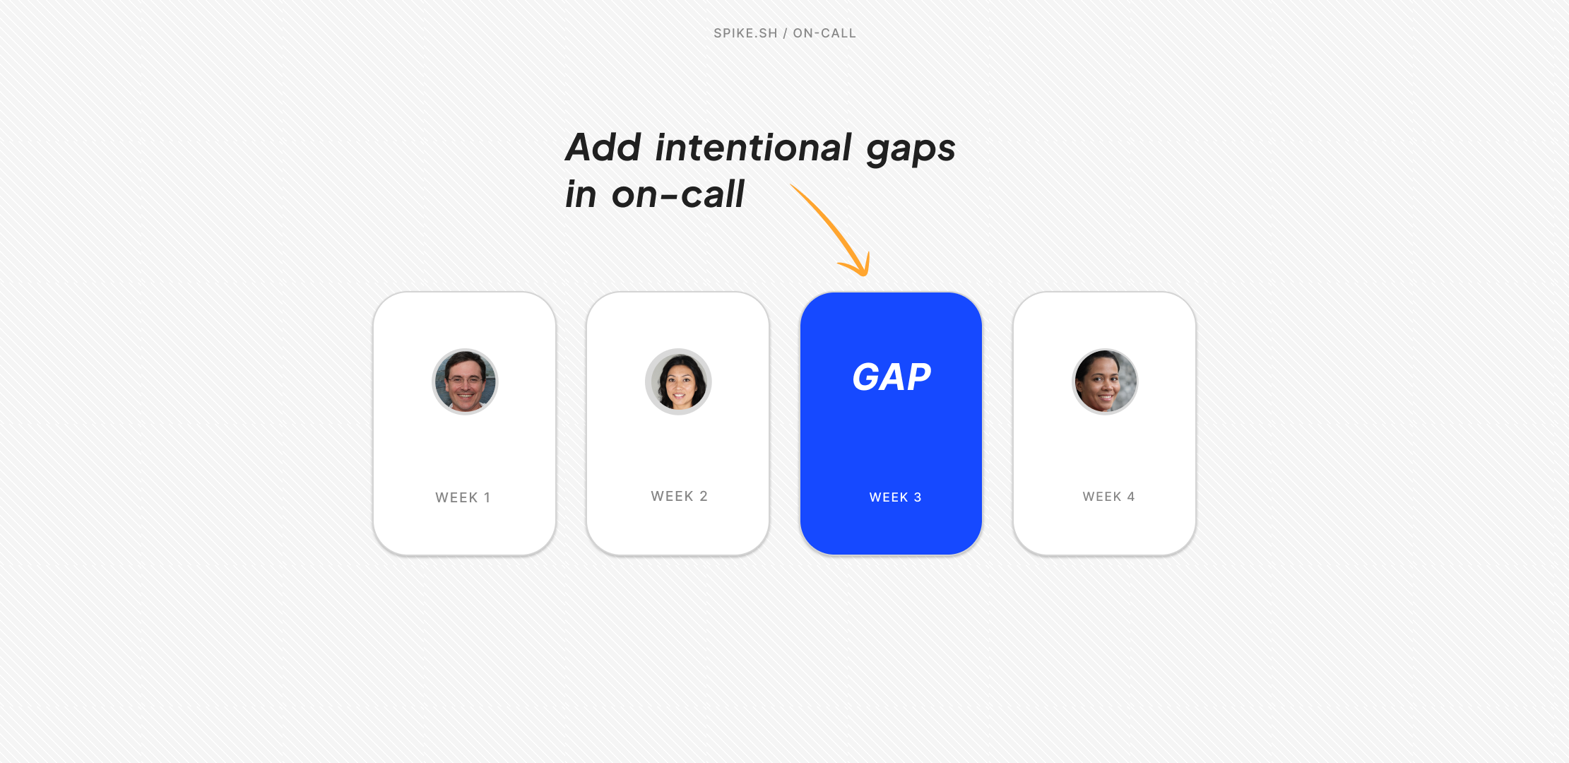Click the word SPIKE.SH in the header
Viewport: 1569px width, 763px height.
(745, 33)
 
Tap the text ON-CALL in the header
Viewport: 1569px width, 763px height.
(824, 33)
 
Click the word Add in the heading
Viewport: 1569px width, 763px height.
(603, 148)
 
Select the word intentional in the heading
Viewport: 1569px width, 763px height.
(753, 148)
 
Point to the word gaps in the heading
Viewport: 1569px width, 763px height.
(911, 150)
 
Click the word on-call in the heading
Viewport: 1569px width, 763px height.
(678, 194)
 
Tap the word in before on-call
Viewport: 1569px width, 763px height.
(581, 194)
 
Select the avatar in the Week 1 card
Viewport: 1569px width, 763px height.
(465, 381)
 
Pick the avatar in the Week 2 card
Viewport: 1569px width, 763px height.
(678, 381)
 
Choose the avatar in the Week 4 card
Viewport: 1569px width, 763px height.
(1105, 381)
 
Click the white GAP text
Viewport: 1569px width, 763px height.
(892, 377)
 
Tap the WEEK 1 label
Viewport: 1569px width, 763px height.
(463, 497)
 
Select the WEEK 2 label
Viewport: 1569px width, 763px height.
(679, 496)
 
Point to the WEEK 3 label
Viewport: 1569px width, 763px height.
(895, 497)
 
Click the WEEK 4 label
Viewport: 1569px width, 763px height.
(1108, 497)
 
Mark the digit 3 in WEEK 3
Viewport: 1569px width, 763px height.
(918, 497)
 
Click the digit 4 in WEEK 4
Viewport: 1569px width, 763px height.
(1131, 497)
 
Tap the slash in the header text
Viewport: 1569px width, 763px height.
(785, 33)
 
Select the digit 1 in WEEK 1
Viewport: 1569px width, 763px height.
(487, 497)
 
